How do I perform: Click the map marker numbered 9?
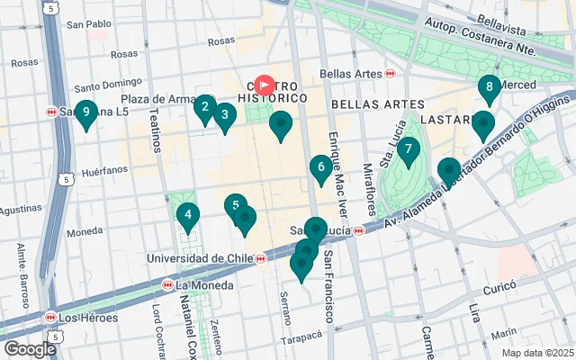pyautogui.click(x=85, y=114)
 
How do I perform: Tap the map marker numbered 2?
pyautogui.click(x=204, y=109)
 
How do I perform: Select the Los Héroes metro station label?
pyautogui.click(x=82, y=318)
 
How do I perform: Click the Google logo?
pyautogui.click(x=30, y=349)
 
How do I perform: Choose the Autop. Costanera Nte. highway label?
pyautogui.click(x=511, y=40)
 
